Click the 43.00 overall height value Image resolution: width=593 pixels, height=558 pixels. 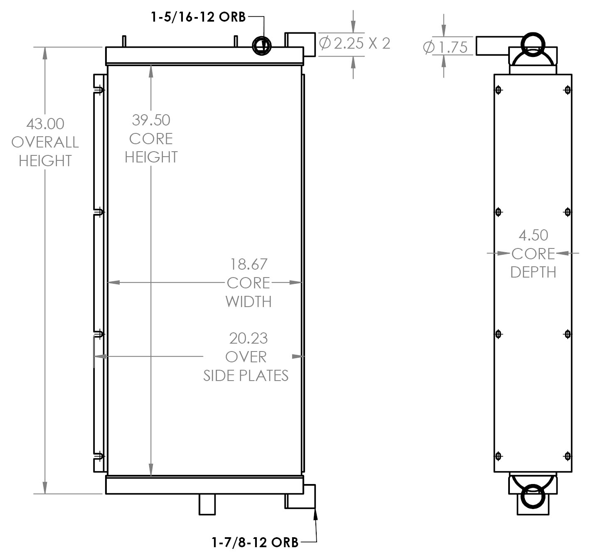[x=45, y=124]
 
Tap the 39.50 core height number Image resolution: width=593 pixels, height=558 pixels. [x=151, y=120]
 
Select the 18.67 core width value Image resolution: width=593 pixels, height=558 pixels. [x=249, y=264]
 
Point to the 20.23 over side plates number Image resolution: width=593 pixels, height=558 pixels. [x=248, y=339]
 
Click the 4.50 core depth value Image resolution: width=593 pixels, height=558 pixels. [x=533, y=236]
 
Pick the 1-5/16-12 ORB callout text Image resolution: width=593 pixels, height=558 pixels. [x=198, y=17]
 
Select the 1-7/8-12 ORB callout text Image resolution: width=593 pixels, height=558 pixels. [x=255, y=542]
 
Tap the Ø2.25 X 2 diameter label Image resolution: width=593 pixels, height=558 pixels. [x=354, y=43]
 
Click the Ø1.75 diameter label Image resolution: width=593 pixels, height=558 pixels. [x=445, y=47]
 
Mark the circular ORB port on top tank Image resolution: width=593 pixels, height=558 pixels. [x=262, y=45]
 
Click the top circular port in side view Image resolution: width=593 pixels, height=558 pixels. [x=532, y=44]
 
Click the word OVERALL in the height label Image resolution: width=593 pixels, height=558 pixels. [x=45, y=143]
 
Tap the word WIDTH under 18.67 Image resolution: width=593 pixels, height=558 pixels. [x=249, y=302]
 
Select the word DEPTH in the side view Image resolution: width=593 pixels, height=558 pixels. [x=533, y=273]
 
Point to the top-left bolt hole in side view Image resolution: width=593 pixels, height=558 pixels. [x=499, y=90]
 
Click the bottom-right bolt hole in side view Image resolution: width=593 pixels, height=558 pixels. [x=568, y=456]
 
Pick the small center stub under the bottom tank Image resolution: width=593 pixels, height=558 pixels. [x=207, y=504]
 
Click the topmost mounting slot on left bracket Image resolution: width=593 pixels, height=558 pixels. [x=99, y=90]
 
